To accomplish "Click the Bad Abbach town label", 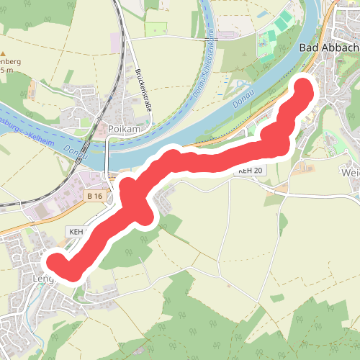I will [328, 48].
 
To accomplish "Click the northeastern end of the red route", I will [304, 91].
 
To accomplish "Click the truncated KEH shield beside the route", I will [76, 232].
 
